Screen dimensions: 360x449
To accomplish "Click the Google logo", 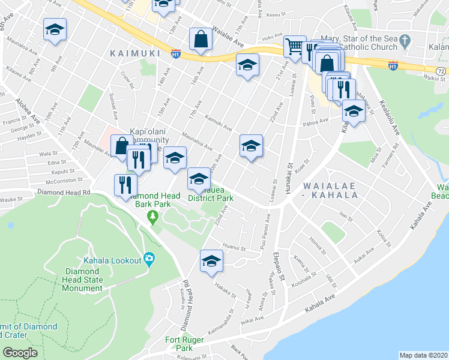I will coord(20,353).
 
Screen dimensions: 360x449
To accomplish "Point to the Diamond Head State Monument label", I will coord(83,279).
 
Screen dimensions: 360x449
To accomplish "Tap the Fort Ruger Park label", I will coord(179,344).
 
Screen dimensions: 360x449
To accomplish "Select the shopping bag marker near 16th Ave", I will coord(200,40).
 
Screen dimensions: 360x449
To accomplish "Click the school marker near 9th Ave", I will coord(55,30).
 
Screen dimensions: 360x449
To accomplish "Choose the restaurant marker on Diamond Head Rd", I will coord(125,185).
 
